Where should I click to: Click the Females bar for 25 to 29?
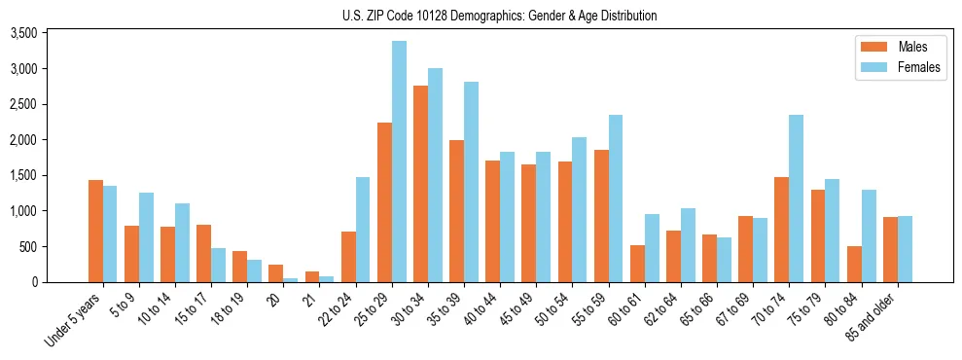point(399,162)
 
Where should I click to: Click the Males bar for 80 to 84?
point(854,264)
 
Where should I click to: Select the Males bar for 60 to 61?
point(637,264)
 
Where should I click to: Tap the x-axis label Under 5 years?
point(74,316)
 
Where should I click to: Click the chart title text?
point(499,16)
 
